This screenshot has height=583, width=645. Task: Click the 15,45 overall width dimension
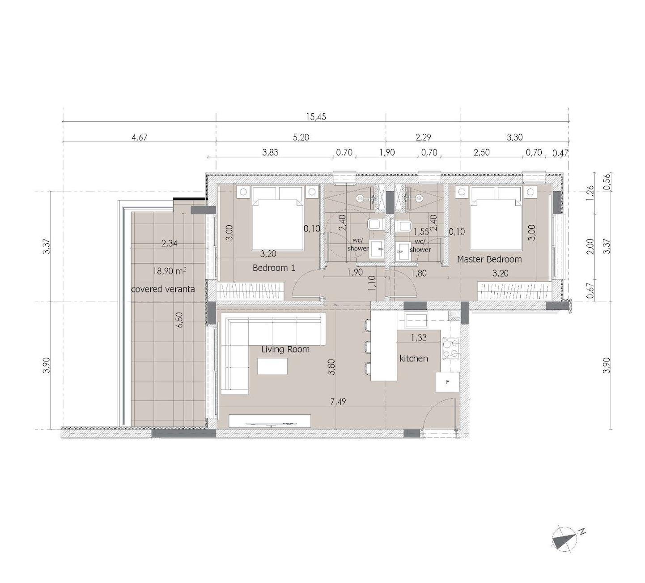(x=316, y=117)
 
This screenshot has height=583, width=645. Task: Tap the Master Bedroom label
(x=489, y=259)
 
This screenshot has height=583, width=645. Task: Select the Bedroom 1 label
(x=274, y=268)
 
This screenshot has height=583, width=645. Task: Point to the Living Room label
(x=285, y=349)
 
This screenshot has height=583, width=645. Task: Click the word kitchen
(x=413, y=358)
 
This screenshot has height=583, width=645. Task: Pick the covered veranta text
(x=163, y=289)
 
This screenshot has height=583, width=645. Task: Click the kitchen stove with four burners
(x=450, y=348)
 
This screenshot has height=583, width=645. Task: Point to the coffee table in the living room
(x=272, y=366)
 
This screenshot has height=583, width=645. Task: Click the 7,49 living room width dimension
(x=338, y=402)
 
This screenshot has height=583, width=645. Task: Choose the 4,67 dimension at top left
(x=140, y=137)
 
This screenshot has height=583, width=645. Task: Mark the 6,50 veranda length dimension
(x=180, y=320)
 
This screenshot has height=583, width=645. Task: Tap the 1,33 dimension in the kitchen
(x=418, y=338)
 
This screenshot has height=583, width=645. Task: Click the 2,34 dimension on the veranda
(x=169, y=244)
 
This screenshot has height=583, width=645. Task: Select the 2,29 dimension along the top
(x=423, y=137)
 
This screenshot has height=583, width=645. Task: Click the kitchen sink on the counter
(x=416, y=319)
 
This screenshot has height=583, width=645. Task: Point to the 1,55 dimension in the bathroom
(x=421, y=232)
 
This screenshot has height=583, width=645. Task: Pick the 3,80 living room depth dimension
(x=331, y=367)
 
